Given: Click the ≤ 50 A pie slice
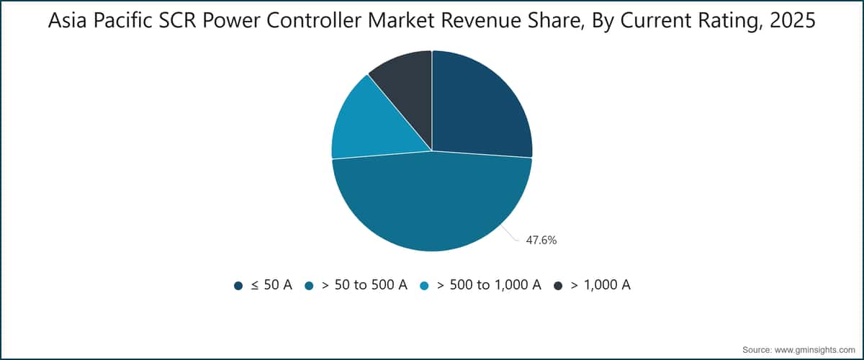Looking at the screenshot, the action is coord(478,108).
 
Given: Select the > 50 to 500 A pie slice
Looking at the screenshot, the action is coord(432,204).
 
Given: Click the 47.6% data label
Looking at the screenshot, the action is coord(541,240).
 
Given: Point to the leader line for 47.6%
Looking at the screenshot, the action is coord(510,234).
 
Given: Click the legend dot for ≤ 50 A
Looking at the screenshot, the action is coord(238,286).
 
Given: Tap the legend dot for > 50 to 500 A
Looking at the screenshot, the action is coord(309,286).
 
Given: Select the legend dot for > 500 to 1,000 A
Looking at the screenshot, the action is coord(424,286).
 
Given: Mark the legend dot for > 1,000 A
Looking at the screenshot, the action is coord(558,286).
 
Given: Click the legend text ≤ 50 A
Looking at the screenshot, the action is coord(271,285).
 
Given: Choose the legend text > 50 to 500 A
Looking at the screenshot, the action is coord(364,285).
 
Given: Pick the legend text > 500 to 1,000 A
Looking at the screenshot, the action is coord(489,285).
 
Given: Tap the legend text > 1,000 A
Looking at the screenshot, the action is coord(600,285).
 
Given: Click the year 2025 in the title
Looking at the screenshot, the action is coord(793,20).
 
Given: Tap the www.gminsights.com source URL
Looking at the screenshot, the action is coord(814,350).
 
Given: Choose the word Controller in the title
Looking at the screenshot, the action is coord(315,20).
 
